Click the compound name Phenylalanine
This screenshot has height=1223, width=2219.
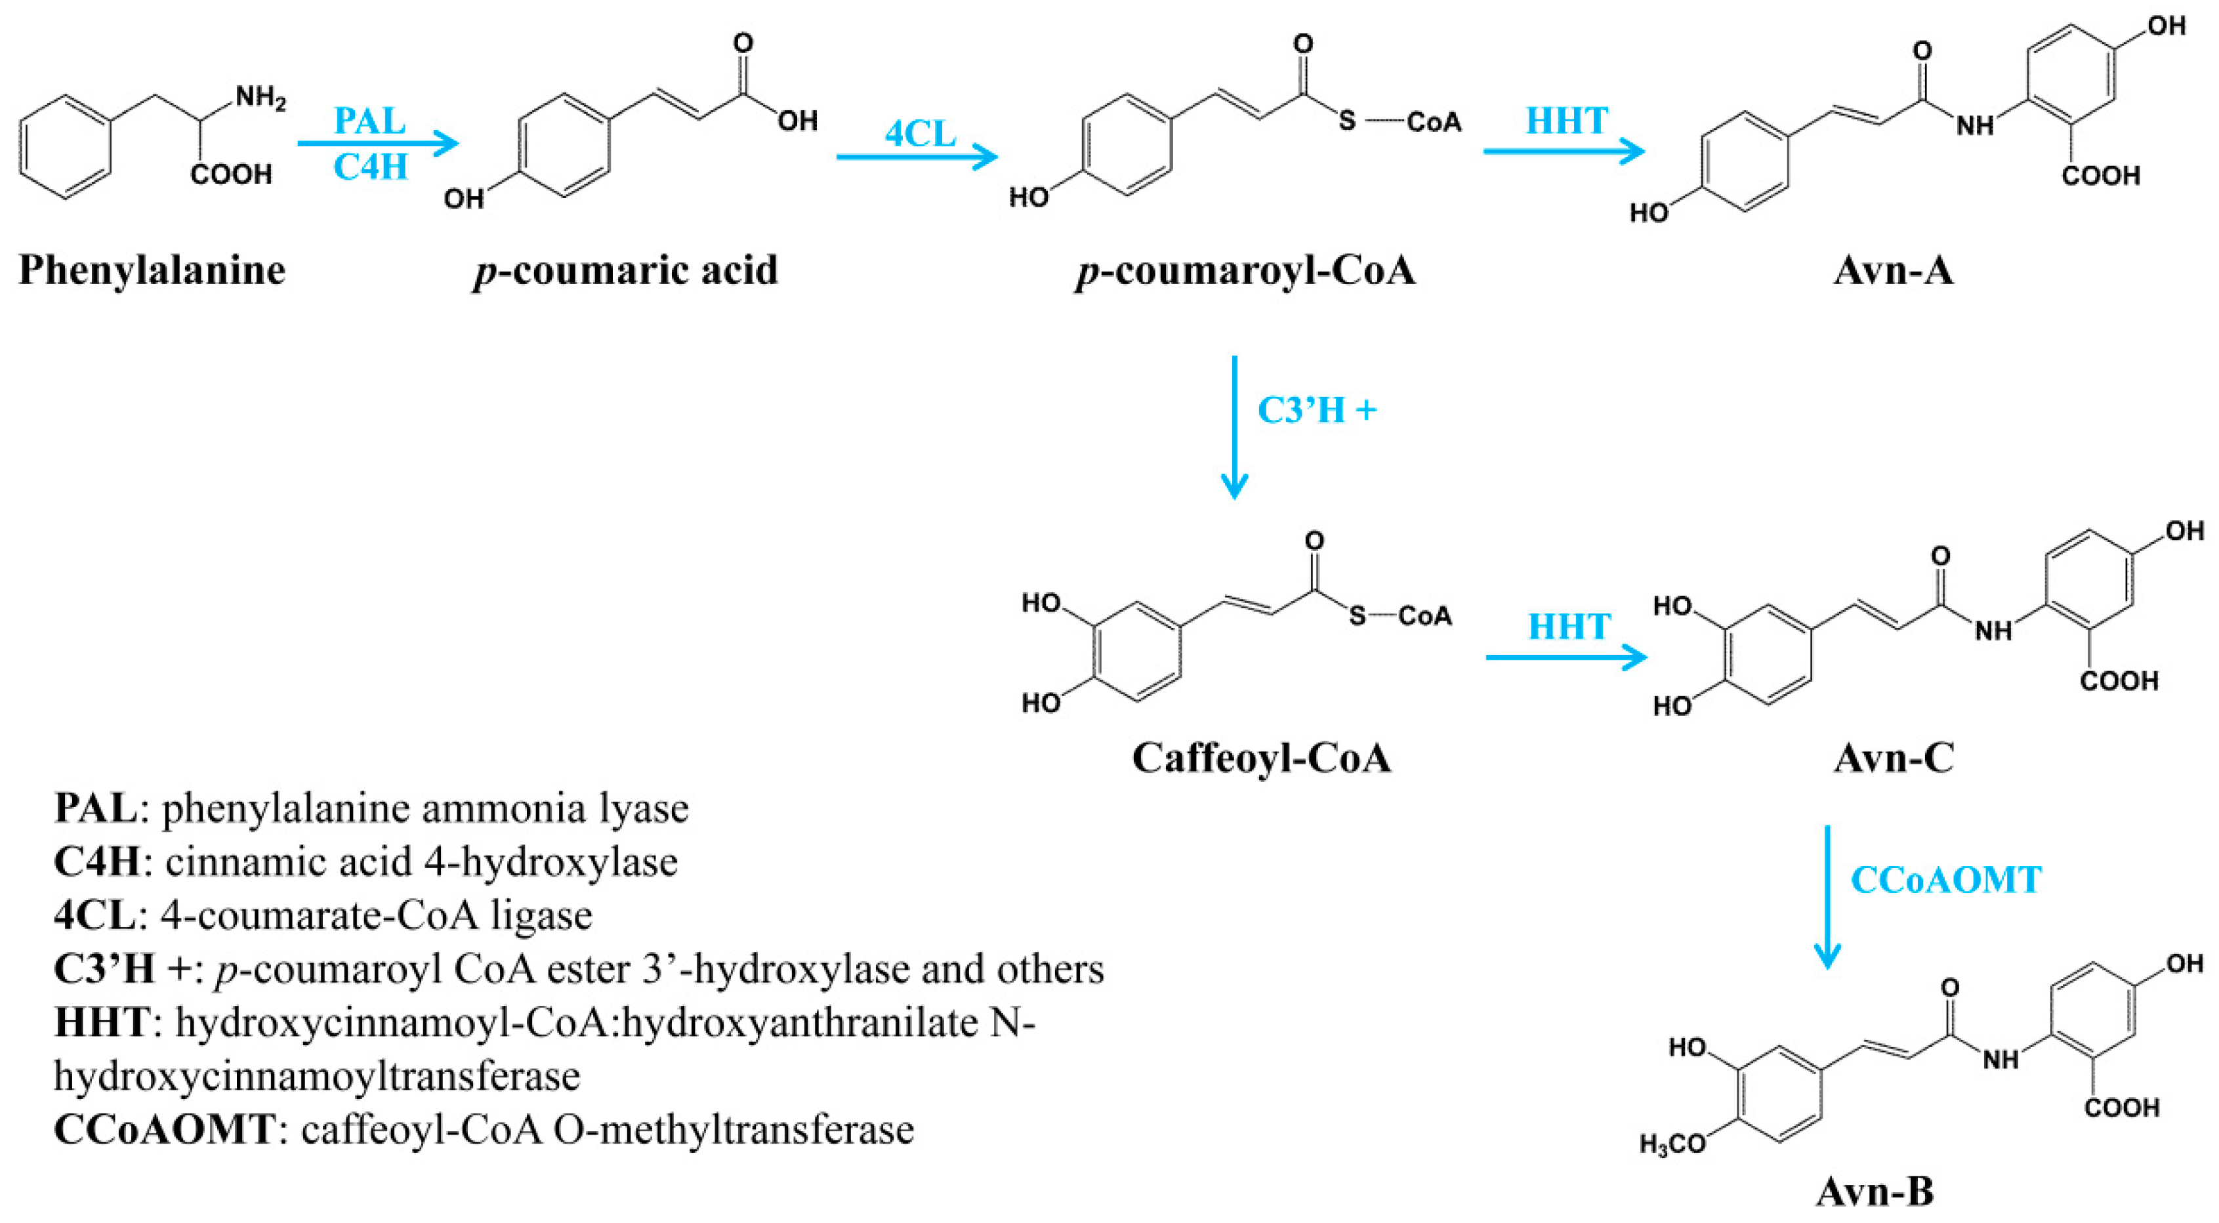point(152,270)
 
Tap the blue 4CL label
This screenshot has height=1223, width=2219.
point(920,133)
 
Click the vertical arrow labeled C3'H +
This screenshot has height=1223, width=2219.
point(1234,426)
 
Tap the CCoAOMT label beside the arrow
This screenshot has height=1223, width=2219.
point(1946,879)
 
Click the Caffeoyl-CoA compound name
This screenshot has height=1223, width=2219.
point(1261,758)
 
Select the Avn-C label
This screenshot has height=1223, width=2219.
point(1892,758)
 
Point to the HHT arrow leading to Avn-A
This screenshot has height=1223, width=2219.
point(1564,152)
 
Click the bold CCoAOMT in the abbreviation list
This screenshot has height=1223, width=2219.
point(163,1129)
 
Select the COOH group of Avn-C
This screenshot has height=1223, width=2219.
point(2119,681)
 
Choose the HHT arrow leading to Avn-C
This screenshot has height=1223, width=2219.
point(1566,658)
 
